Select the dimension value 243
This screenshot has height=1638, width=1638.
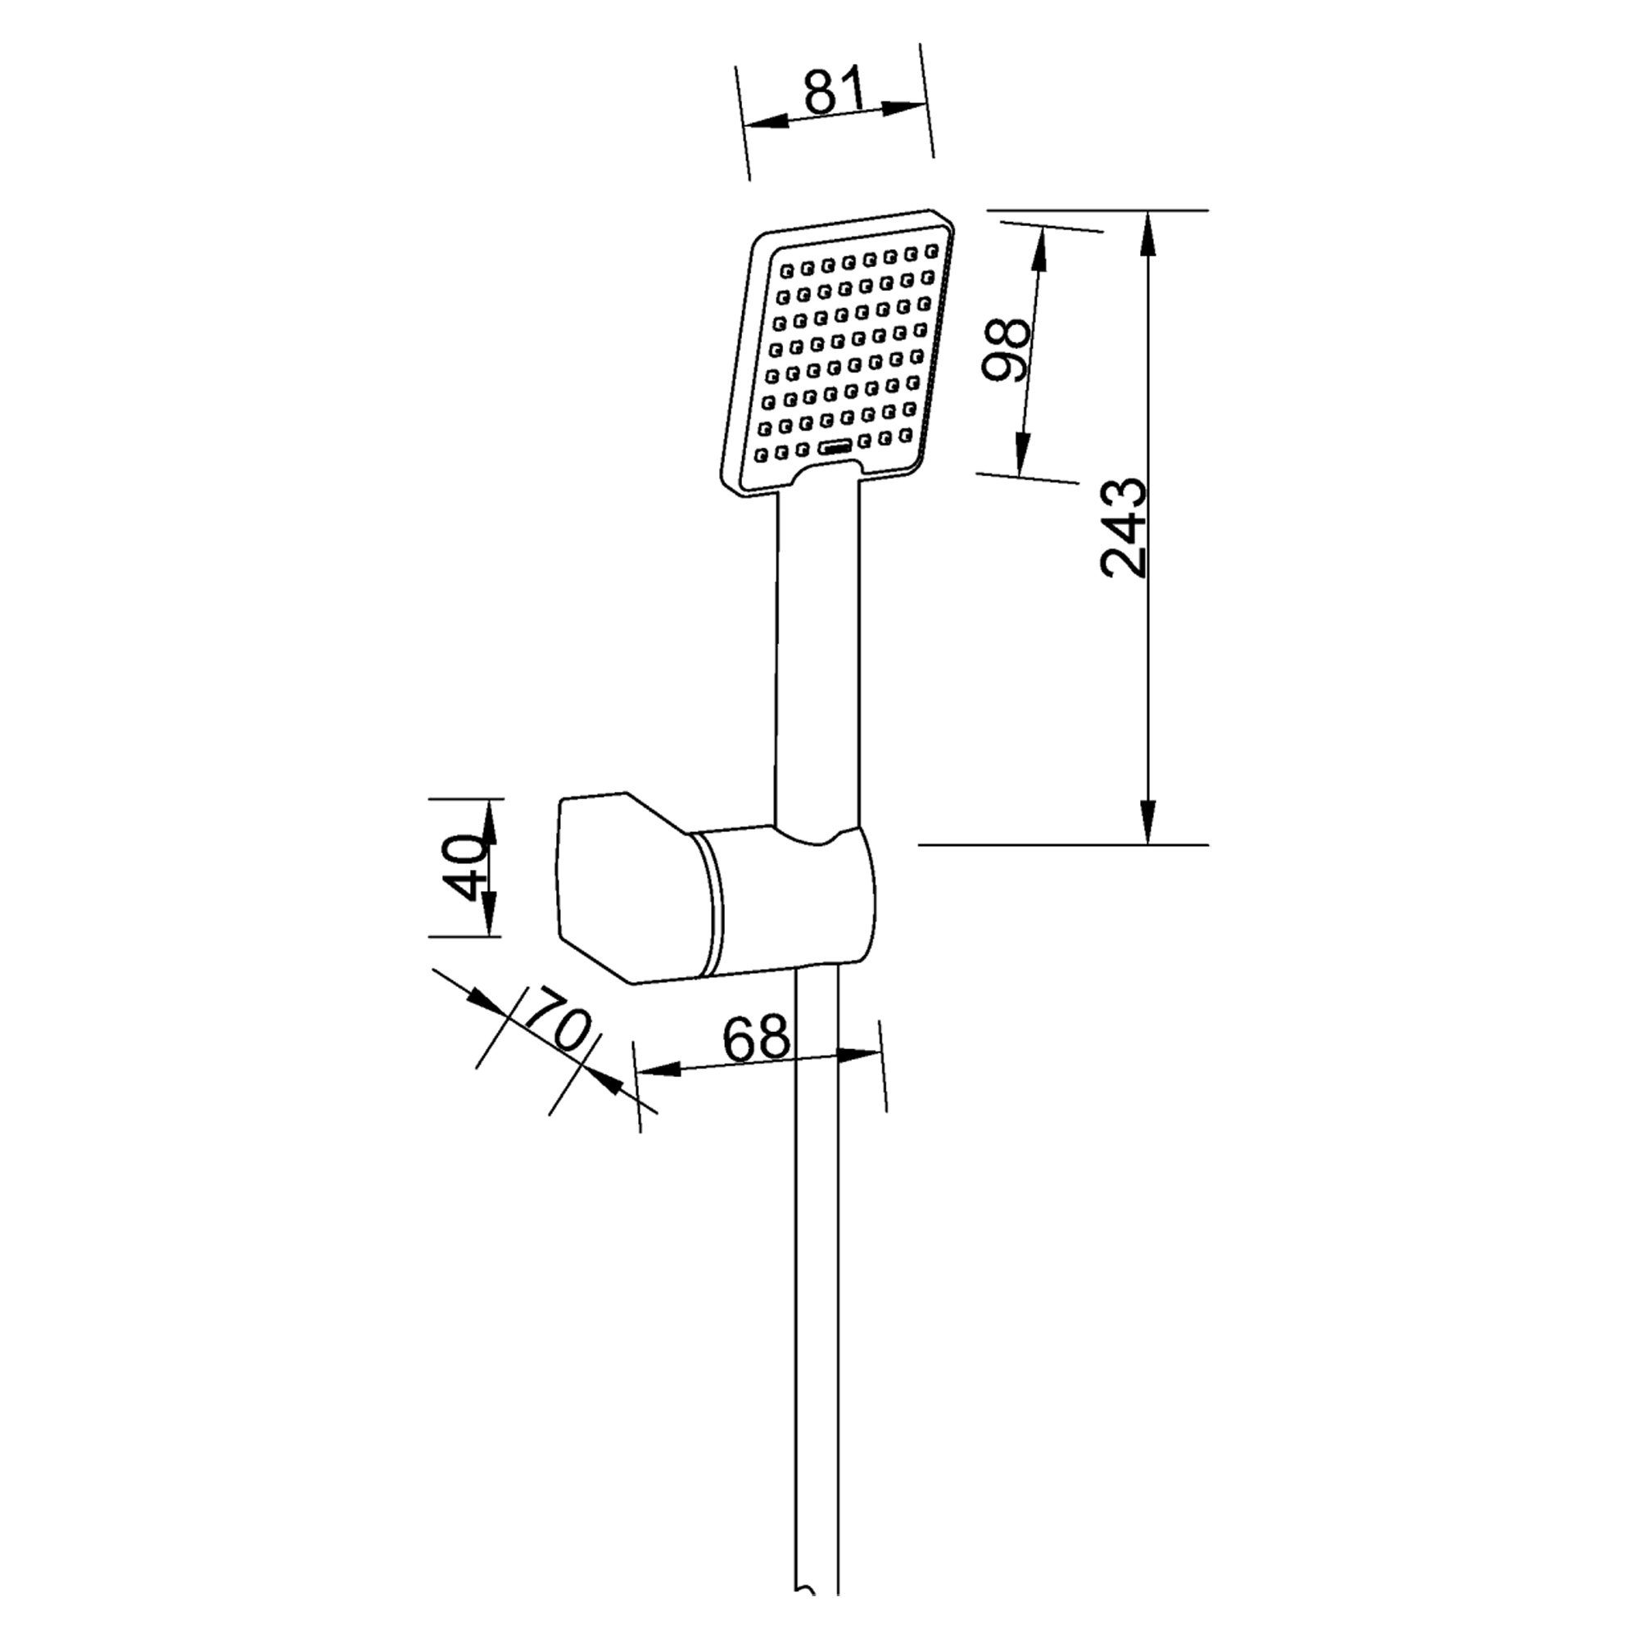point(1124,527)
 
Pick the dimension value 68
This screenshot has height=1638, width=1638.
point(756,1037)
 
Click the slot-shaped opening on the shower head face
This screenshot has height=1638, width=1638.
point(837,447)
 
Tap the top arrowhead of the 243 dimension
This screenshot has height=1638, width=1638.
point(1148,234)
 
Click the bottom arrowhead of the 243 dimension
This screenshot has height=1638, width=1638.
point(1148,820)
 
